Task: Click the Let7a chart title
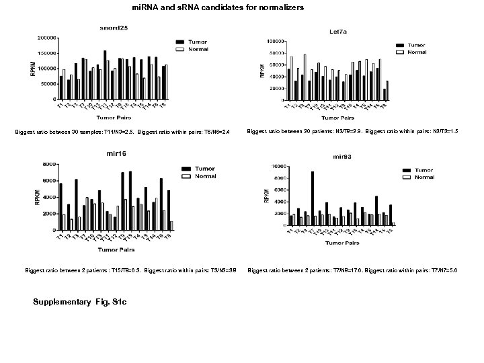[338, 32]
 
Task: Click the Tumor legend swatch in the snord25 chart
[180, 41]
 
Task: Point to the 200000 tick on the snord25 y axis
[46, 38]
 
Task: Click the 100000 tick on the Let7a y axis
[272, 42]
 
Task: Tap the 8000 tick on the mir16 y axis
[48, 165]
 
